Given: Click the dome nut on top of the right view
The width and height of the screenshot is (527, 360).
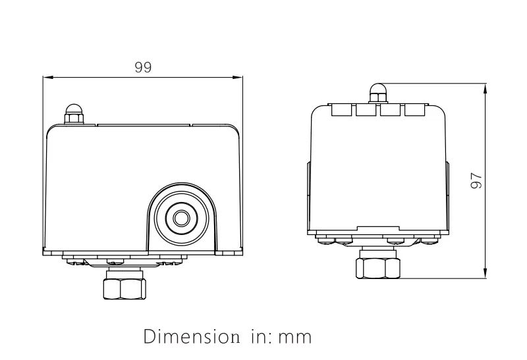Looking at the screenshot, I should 377,93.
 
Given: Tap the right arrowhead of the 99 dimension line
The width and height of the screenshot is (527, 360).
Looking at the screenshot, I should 239,78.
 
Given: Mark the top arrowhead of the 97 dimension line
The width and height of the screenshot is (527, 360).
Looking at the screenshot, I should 485,88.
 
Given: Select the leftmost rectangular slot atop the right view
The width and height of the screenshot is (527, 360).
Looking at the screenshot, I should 341,109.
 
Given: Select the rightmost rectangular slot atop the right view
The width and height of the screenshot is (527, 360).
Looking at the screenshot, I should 414,109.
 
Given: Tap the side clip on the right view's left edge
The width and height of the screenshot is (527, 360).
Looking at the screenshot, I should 308,197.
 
